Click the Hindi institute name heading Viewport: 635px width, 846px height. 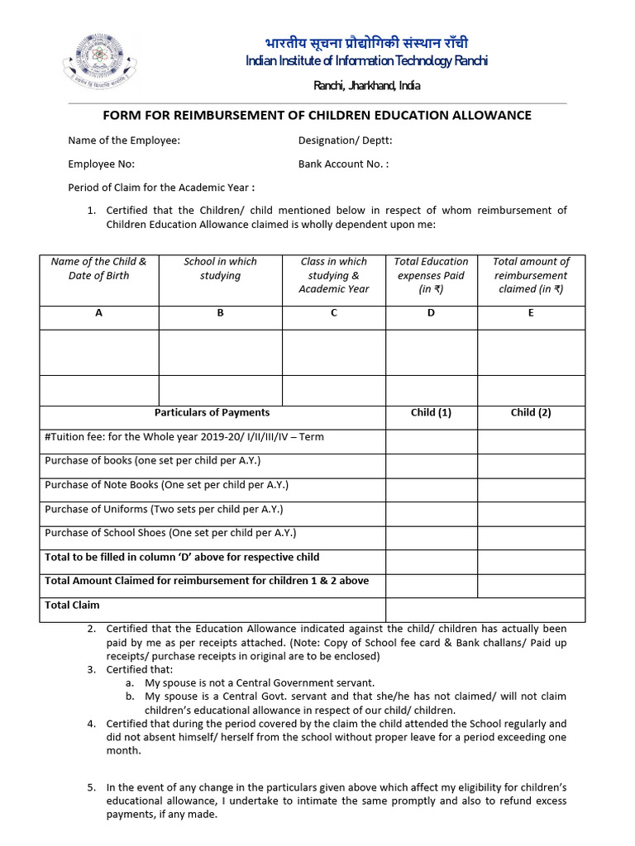tap(366, 43)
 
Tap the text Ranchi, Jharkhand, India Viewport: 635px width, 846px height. tap(366, 86)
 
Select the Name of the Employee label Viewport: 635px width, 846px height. tap(124, 140)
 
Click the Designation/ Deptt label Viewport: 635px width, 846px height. tap(346, 140)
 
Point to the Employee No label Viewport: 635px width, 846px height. tap(101, 164)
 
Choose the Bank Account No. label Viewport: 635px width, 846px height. tap(343, 164)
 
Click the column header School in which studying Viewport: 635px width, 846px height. tap(220, 269)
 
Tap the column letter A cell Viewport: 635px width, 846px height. tap(99, 313)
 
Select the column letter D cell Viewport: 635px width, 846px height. tap(431, 313)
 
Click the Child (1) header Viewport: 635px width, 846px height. tap(431, 412)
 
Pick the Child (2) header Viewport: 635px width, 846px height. tap(531, 412)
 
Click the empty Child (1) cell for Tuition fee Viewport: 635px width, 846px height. tap(431, 441)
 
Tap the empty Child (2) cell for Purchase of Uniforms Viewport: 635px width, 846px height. tap(531, 513)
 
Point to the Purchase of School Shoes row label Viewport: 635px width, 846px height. tap(170, 533)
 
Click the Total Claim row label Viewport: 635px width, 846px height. tap(72, 605)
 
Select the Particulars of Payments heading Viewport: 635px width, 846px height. tap(212, 412)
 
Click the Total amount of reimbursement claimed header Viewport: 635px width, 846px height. tap(531, 275)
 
